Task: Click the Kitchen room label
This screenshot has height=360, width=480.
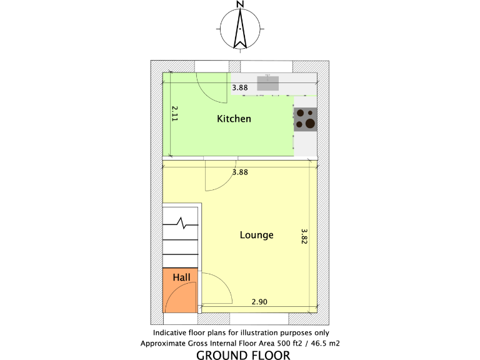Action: click(234, 119)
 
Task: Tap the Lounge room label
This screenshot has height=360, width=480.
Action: click(257, 235)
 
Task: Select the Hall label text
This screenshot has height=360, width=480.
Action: click(181, 277)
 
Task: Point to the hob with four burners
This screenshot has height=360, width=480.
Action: click(305, 118)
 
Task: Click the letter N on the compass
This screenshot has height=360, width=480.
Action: click(240, 4)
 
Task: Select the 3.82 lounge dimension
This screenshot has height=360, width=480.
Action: click(304, 236)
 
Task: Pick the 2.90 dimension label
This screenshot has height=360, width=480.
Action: click(259, 302)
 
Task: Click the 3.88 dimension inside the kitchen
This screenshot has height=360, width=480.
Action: click(240, 88)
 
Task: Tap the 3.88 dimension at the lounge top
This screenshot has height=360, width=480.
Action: click(240, 172)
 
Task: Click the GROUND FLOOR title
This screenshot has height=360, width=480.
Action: click(242, 356)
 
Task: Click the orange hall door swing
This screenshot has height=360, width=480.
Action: click(187, 294)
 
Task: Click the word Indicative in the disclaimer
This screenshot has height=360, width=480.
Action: click(170, 333)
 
